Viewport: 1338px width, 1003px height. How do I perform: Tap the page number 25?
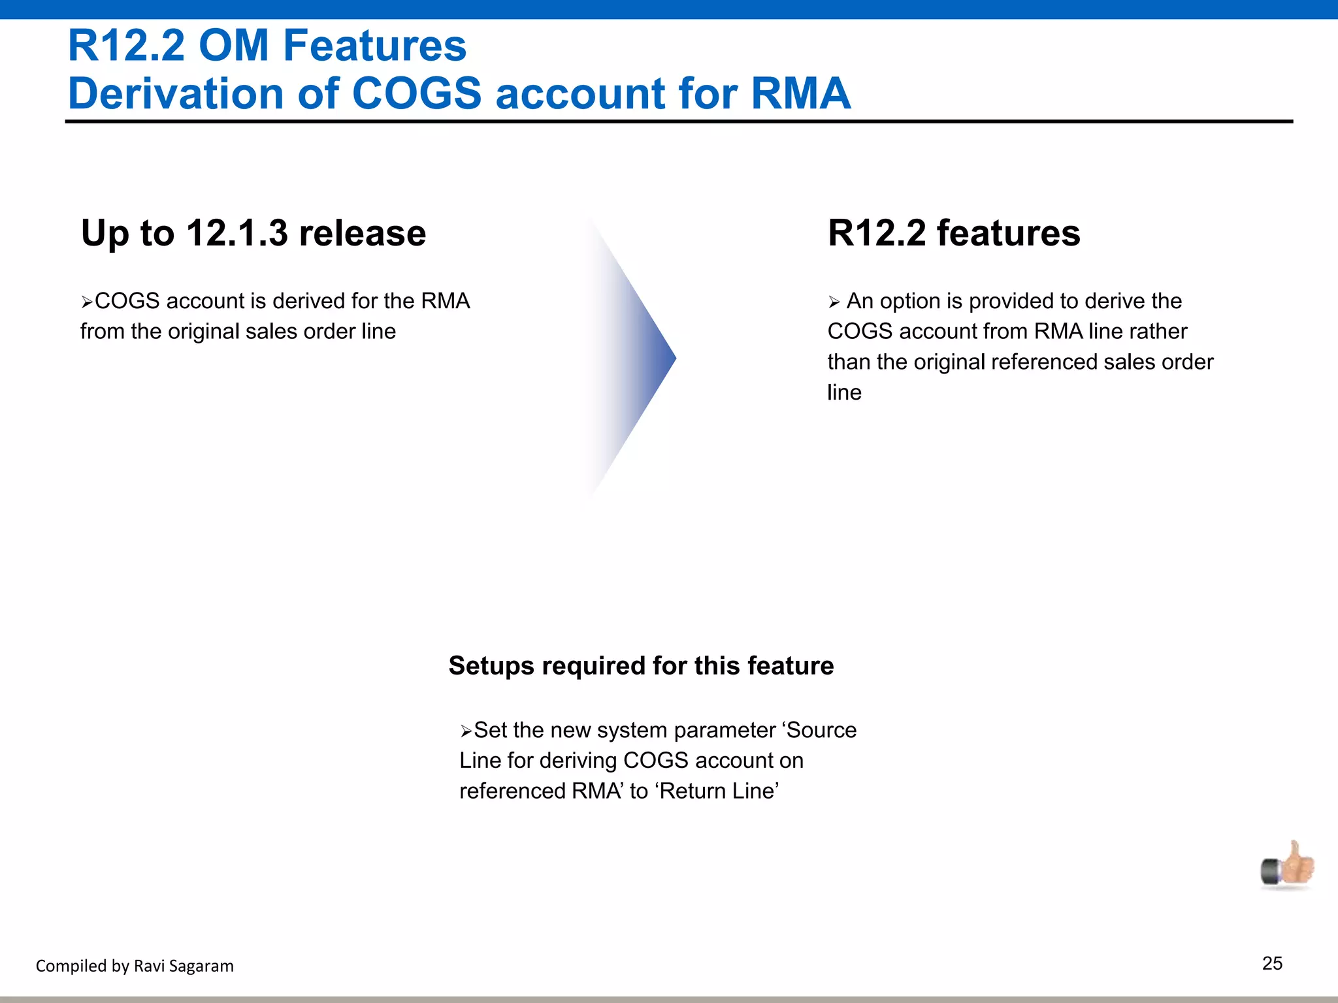click(x=1272, y=963)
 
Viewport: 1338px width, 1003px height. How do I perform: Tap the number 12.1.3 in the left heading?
click(x=237, y=233)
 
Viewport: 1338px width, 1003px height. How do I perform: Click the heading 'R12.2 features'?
click(x=953, y=233)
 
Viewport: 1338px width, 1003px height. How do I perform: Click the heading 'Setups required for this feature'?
click(x=641, y=665)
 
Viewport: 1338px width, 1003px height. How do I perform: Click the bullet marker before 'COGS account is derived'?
click(x=87, y=302)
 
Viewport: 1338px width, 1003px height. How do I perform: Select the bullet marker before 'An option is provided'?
click(x=834, y=302)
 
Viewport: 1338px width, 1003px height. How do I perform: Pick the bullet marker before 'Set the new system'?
click(x=465, y=731)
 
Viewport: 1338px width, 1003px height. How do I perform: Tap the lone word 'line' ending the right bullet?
click(x=844, y=392)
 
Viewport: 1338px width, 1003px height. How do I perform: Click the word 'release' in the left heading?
click(x=362, y=233)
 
